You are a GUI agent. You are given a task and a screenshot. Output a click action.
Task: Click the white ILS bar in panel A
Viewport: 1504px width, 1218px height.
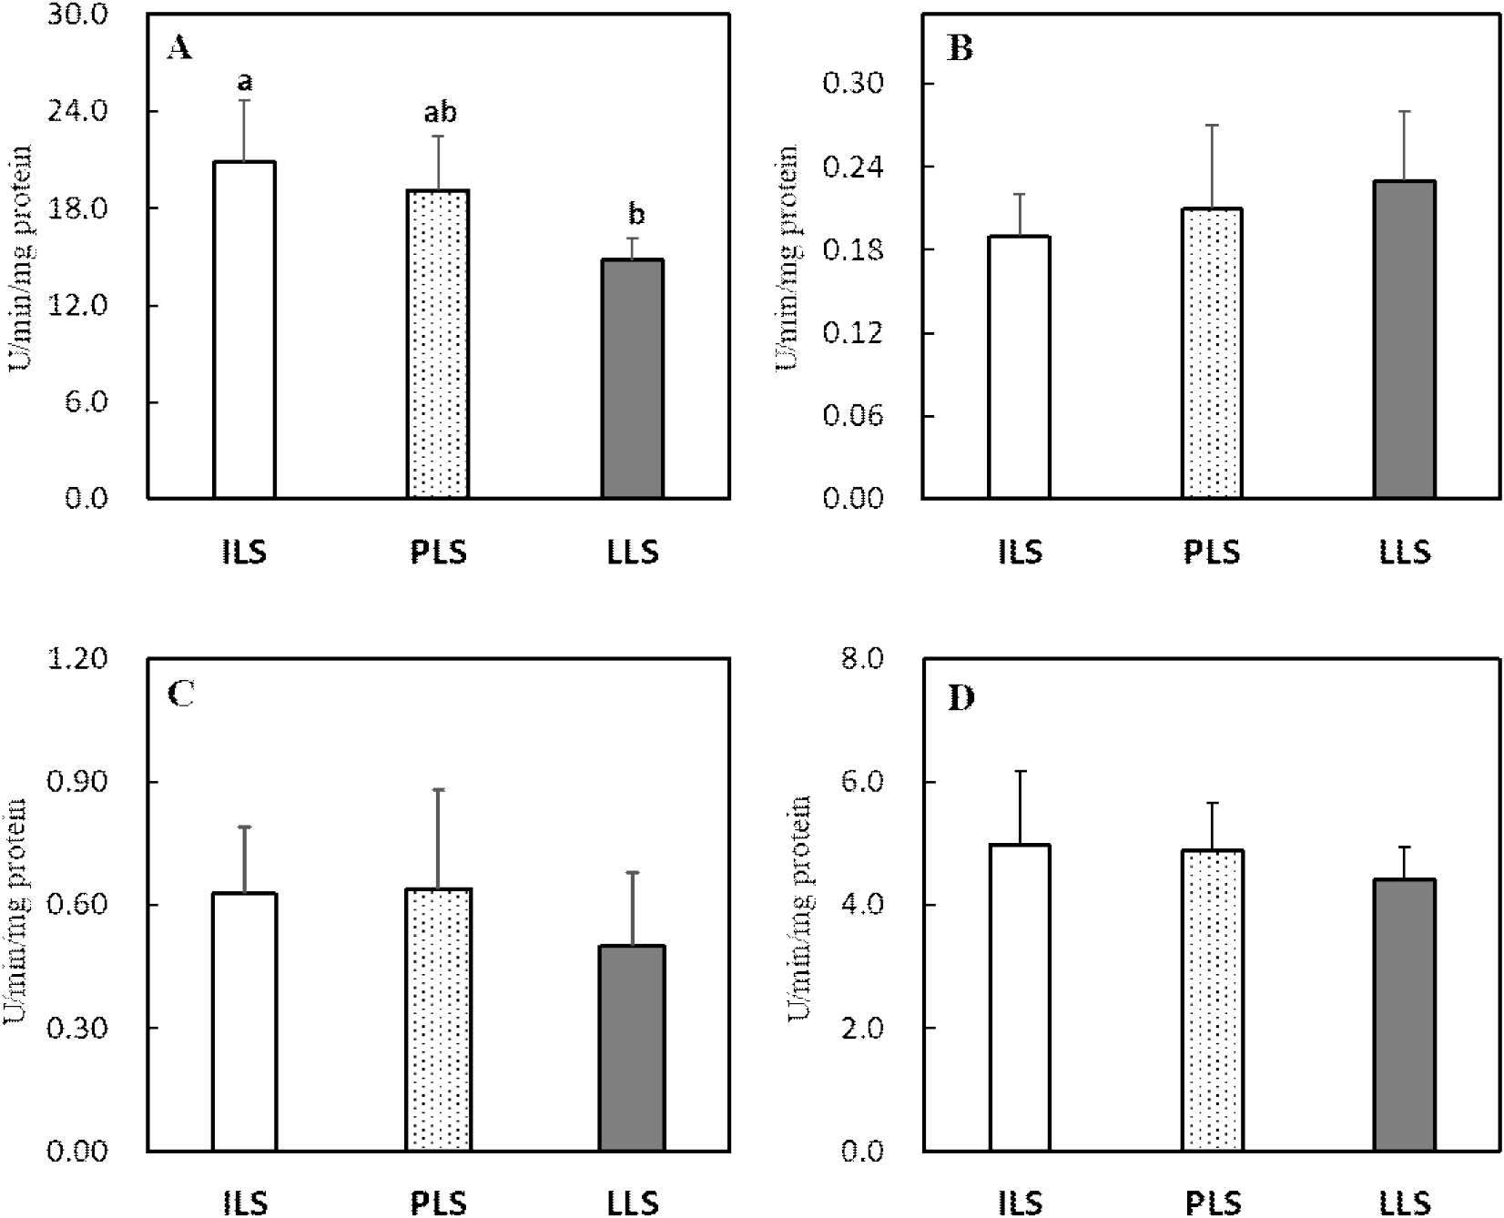pos(244,330)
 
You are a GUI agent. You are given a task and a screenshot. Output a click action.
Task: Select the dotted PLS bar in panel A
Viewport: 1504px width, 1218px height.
pos(438,344)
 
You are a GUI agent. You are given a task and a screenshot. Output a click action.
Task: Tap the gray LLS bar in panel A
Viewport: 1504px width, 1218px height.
pos(632,379)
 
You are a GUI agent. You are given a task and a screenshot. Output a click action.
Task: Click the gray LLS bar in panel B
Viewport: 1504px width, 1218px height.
pos(1405,340)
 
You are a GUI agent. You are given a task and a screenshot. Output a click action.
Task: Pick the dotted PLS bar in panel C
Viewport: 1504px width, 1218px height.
pos(438,1020)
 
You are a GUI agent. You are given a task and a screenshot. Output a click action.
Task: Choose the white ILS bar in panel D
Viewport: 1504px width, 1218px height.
pos(1020,998)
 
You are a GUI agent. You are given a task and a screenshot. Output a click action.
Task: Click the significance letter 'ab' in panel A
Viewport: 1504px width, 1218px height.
pos(439,113)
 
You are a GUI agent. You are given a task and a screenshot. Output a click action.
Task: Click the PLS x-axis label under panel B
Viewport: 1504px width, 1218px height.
pos(1213,553)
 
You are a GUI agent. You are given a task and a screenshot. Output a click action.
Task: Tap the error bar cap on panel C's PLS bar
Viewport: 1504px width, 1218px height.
pos(438,789)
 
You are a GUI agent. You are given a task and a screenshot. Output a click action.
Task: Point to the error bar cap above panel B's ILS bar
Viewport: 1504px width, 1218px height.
pos(1020,194)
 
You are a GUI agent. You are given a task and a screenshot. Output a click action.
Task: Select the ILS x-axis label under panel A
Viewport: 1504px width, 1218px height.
pos(244,553)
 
